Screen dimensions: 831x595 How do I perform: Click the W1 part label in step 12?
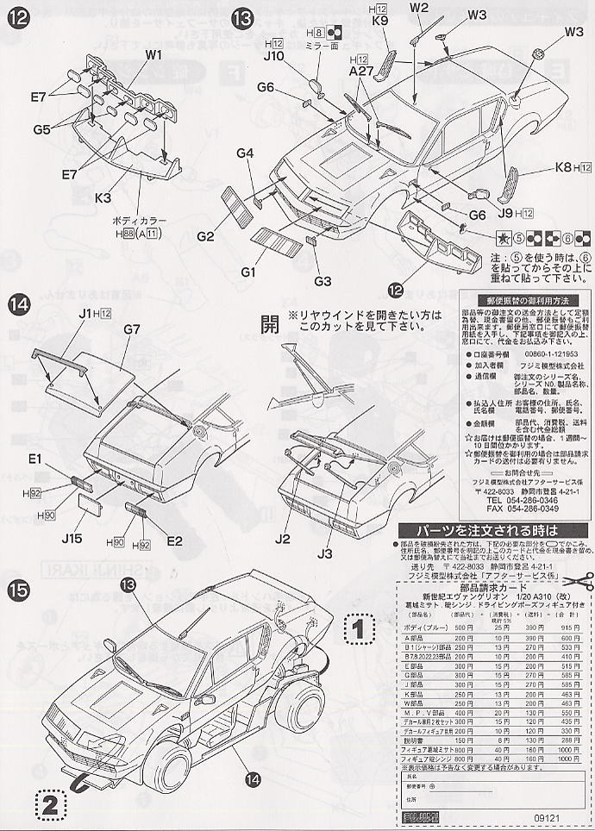(x=153, y=54)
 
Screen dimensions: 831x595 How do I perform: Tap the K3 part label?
(x=104, y=197)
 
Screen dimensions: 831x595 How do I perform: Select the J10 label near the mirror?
(x=273, y=57)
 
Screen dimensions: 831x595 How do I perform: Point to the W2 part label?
(x=419, y=9)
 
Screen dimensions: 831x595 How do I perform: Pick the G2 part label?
(x=204, y=236)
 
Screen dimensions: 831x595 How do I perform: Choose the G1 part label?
(x=249, y=272)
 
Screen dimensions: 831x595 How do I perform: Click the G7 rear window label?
(x=131, y=328)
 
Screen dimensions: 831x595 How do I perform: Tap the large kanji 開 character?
(x=270, y=324)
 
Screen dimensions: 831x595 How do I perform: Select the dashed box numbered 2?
(x=50, y=806)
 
